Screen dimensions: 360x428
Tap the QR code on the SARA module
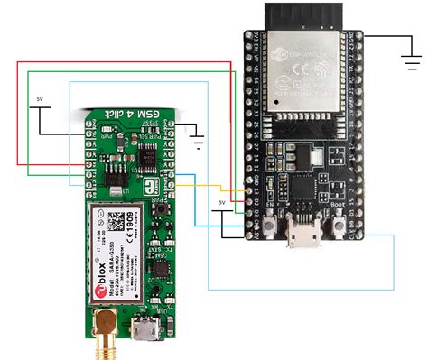click(x=118, y=219)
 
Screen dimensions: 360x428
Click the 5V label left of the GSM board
click(x=39, y=97)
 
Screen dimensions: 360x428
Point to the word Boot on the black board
click(x=339, y=204)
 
